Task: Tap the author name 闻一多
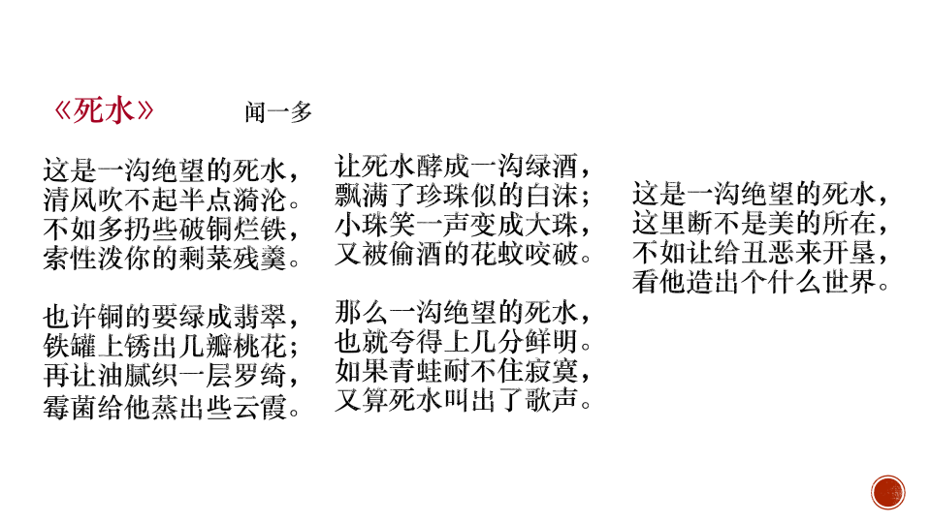point(277,113)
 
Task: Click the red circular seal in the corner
point(887,492)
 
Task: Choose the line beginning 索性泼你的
point(171,259)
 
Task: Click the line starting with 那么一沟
point(463,313)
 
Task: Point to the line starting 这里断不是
point(759,226)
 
